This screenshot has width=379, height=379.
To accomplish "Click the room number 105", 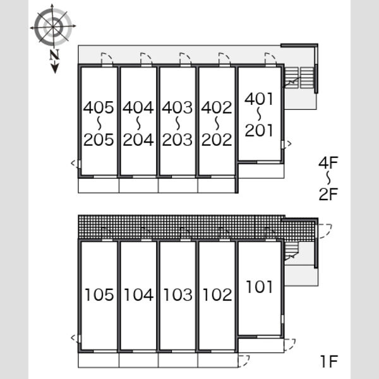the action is pyautogui.click(x=99, y=294).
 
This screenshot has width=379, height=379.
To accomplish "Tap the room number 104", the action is pyautogui.click(x=138, y=294).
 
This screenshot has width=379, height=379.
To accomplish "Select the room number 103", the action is pyautogui.click(x=178, y=294).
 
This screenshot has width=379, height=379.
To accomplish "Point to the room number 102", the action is pyautogui.click(x=217, y=294).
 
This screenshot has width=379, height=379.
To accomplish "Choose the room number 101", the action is pyautogui.click(x=259, y=287).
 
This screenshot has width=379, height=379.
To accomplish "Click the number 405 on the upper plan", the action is pyautogui.click(x=99, y=107).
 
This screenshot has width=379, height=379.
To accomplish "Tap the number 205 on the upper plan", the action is pyautogui.click(x=99, y=140).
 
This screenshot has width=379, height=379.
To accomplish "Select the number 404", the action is pyautogui.click(x=138, y=107).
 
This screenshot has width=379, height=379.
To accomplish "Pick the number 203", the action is pyautogui.click(x=177, y=140).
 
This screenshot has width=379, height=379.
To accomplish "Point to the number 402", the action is pyautogui.click(x=217, y=107).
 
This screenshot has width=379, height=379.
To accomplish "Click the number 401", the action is pyautogui.click(x=259, y=99).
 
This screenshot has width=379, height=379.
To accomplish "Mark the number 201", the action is pyautogui.click(x=259, y=130).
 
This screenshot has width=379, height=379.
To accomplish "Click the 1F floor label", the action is pyautogui.click(x=329, y=361).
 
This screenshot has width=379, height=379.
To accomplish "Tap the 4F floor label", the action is pyautogui.click(x=328, y=162).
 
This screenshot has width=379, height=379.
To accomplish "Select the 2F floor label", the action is pyautogui.click(x=328, y=194).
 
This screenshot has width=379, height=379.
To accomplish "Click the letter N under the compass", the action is pyautogui.click(x=54, y=55).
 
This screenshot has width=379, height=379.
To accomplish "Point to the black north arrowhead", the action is pyautogui.click(x=55, y=69).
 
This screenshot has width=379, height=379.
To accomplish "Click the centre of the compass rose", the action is pyautogui.click(x=53, y=27).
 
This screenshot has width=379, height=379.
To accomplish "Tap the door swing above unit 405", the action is pyautogui.click(x=107, y=59).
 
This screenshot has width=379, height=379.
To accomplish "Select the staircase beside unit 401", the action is pyautogui.click(x=299, y=78).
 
